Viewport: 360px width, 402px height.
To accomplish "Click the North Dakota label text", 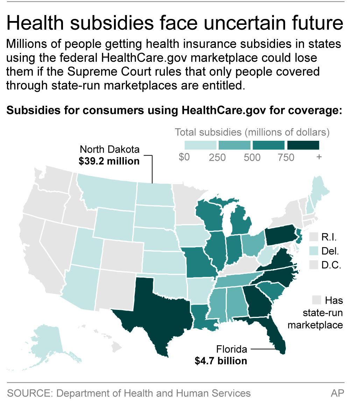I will pos(110,150).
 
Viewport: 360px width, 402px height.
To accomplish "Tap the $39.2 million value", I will pos(109,161).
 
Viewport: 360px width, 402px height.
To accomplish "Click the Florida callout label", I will pos(232,349).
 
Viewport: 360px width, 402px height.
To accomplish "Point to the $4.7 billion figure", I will pos(221,361).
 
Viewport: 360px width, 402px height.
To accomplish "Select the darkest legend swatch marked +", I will pos(303,145).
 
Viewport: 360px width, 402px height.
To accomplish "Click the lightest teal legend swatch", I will pos(200,145).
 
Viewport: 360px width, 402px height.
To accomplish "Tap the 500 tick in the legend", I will pos(252,157).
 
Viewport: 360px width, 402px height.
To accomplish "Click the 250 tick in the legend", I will pos(217,157).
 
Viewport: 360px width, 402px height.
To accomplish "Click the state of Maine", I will pos(320,191).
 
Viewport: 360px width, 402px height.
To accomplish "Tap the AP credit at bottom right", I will pos(337,393).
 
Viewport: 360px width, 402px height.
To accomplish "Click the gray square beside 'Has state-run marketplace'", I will pos(317,300).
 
